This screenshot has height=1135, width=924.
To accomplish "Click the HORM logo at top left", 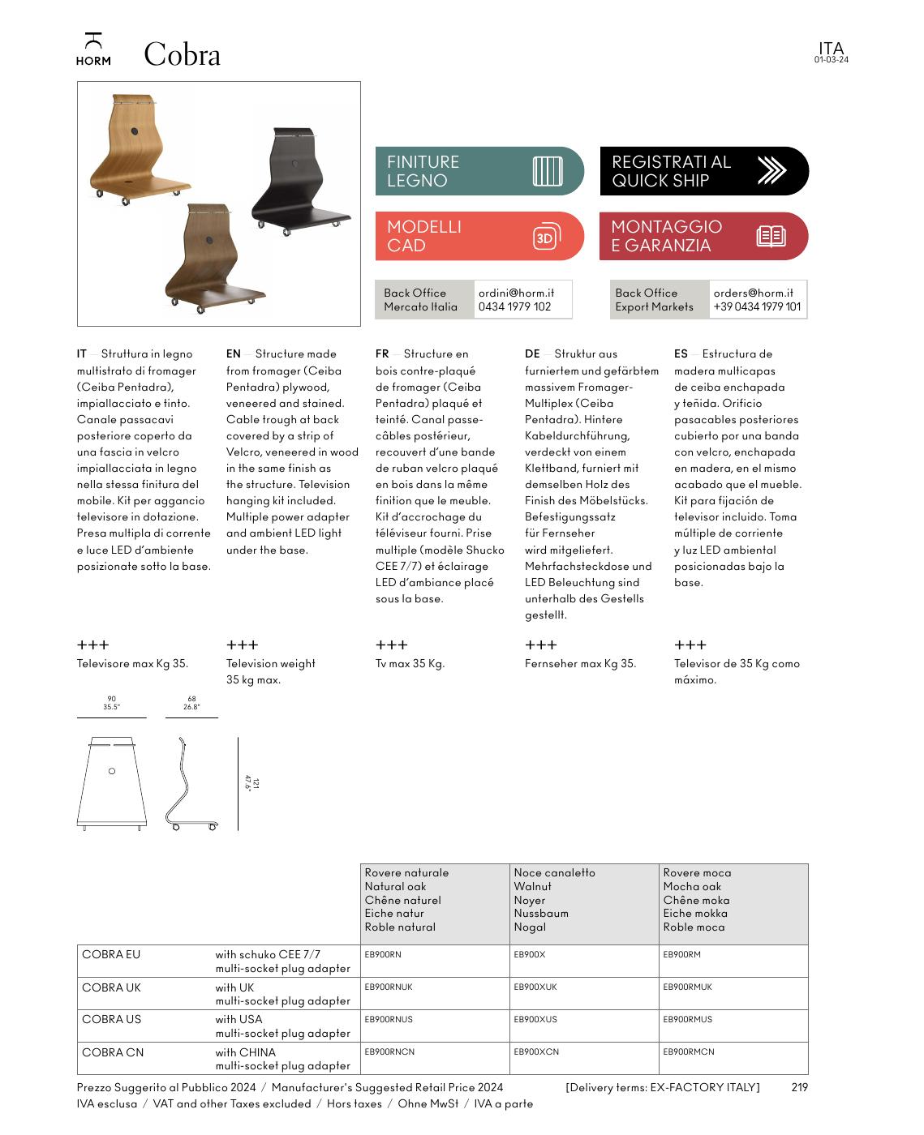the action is [x=93, y=49].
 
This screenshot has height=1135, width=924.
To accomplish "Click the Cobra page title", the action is [x=182, y=55].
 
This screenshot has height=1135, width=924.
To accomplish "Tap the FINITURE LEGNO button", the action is [x=479, y=171].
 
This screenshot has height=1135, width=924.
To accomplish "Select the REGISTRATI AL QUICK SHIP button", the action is [x=703, y=171].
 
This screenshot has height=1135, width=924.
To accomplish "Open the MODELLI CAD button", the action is [x=479, y=236].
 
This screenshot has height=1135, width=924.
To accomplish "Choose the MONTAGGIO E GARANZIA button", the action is [x=703, y=236].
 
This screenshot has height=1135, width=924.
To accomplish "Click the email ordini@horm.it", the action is [x=516, y=293].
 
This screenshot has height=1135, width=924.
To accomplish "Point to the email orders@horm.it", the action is [x=753, y=293].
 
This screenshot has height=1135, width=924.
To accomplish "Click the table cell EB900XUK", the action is [x=535, y=987].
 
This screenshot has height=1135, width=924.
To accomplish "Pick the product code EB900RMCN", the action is [x=688, y=1052].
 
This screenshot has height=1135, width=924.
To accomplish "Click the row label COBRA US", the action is [x=111, y=1019].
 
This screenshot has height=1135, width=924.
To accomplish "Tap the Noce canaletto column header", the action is [x=554, y=873].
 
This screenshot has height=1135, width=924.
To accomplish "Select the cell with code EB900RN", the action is [x=383, y=955].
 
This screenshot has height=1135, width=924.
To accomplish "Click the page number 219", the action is [x=799, y=1087].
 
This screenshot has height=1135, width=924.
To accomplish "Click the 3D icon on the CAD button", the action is [x=546, y=237].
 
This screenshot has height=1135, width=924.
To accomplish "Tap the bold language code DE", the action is [x=532, y=353].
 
